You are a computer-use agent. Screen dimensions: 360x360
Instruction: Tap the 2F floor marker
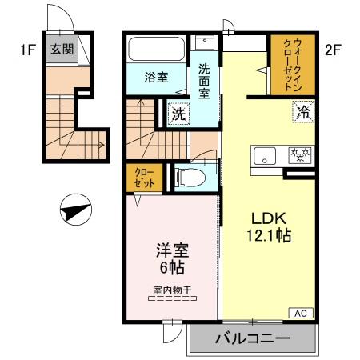pyautogui.click(x=334, y=50)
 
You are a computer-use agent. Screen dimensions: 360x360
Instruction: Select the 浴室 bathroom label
pyautogui.click(x=156, y=78)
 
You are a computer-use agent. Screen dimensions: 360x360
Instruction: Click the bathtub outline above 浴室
pyautogui.click(x=156, y=50)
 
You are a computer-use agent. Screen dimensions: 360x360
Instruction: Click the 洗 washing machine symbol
pyautogui.click(x=179, y=114)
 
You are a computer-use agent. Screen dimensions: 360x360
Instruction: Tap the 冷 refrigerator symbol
pyautogui.click(x=304, y=112)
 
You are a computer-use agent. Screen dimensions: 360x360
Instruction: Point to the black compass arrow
pyautogui.click(x=74, y=212)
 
